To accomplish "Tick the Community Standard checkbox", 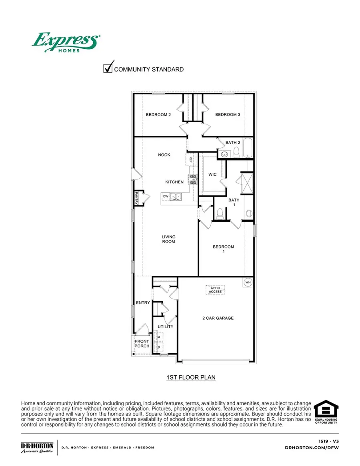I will coord(108,69).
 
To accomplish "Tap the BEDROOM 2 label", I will coord(158,115).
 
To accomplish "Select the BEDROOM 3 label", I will coord(228,115).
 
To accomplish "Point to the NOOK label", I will coord(164,155).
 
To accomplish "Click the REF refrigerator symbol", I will coord(191,159).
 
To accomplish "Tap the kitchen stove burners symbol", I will coord(193,179).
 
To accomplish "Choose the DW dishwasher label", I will coord(165,196).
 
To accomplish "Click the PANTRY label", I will coord(136,198).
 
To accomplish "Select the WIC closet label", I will coord(212,175).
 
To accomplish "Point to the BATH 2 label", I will coord(233,142).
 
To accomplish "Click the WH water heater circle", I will coord(248,282).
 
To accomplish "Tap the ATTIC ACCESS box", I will coord(215,289).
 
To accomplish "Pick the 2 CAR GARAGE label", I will coord(218,318).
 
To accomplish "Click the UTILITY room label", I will coord(166,327).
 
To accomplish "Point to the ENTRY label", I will coord(143,303).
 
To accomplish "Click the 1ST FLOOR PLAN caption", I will coord(191,377).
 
